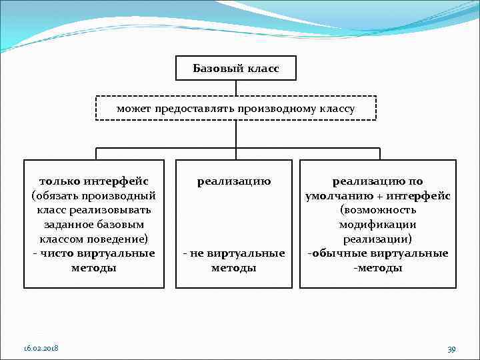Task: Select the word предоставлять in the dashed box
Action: coord(197,108)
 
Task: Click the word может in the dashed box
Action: coord(134,108)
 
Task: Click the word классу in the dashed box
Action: coord(335,108)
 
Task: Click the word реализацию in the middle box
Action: coord(233,181)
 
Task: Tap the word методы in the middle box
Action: coord(233,268)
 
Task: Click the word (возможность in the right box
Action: coord(377,210)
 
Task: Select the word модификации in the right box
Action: coord(377,225)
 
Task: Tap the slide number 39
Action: coord(451,349)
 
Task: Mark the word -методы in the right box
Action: coord(377,268)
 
